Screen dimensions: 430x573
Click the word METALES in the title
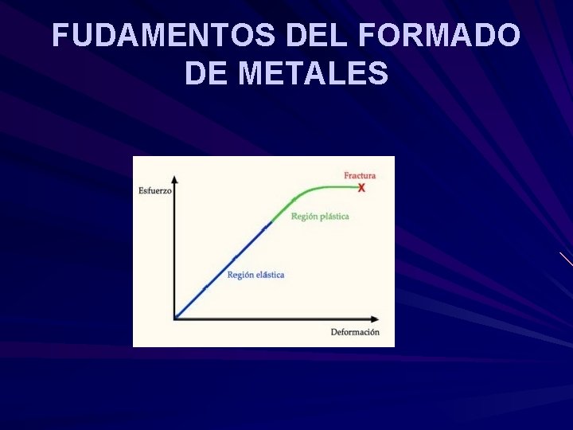coord(314,74)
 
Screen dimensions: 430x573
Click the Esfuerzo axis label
coord(154,190)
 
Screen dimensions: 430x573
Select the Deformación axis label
coord(355,331)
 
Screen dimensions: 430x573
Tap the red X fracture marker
coord(361,188)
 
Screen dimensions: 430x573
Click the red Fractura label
coord(360,175)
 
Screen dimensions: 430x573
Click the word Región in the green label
coord(303,217)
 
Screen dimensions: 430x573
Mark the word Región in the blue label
coord(240,275)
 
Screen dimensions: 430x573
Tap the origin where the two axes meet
coord(175,319)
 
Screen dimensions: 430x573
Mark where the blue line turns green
coord(271,222)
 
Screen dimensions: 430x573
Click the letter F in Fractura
coord(346,175)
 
